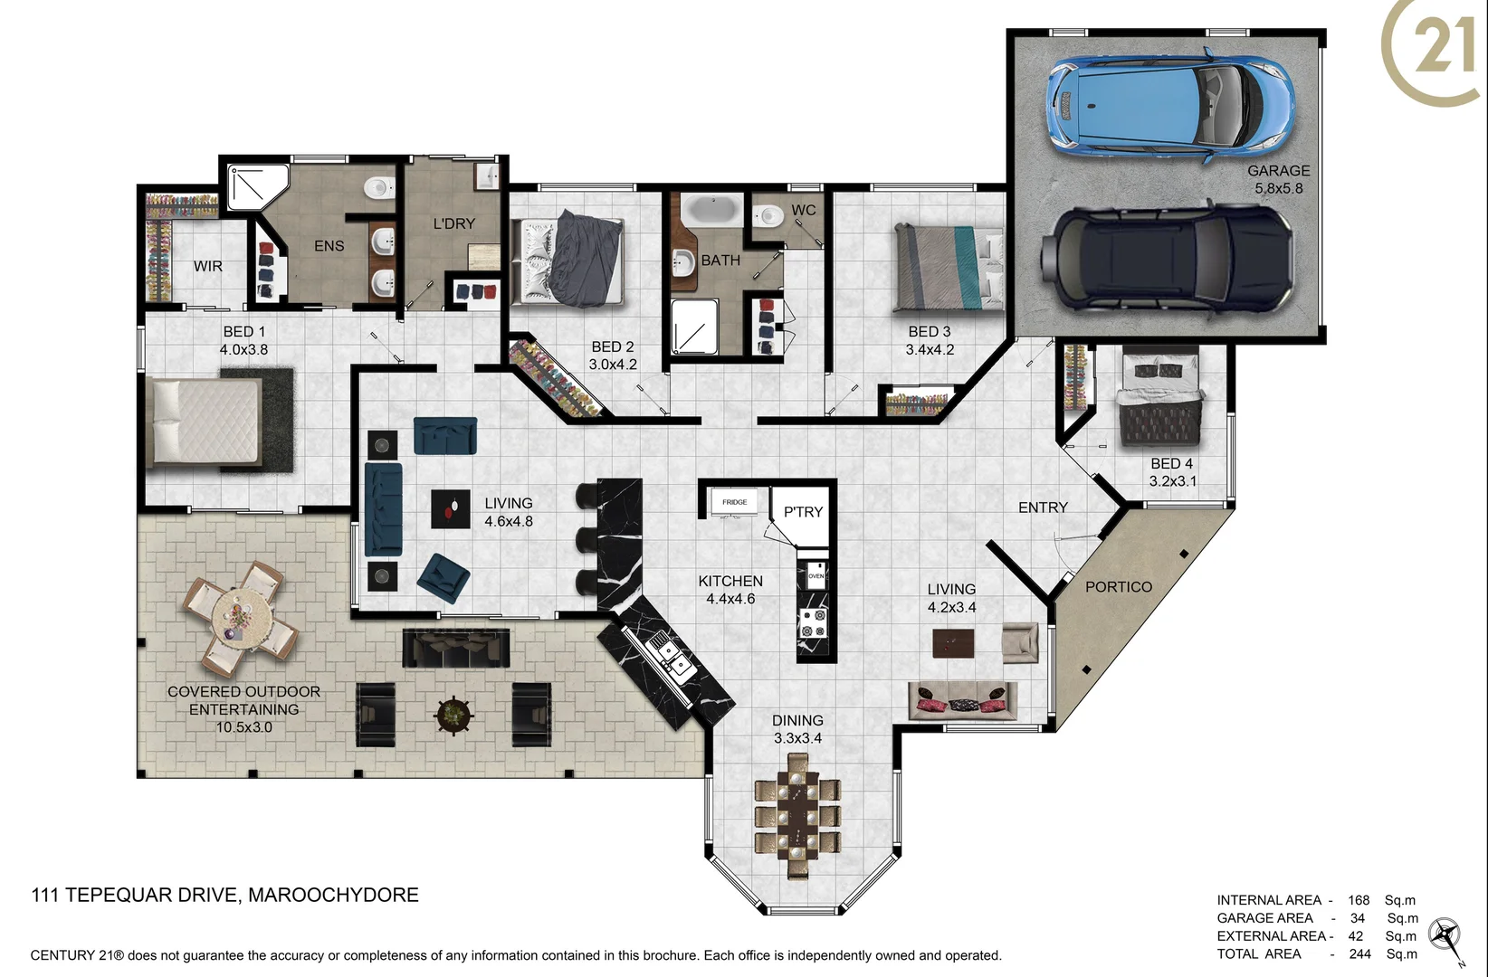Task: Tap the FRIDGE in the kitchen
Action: (734, 503)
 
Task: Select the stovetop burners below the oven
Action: (813, 622)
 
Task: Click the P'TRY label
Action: (803, 512)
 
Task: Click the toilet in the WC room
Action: (769, 216)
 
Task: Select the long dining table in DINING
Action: (797, 814)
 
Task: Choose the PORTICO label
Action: (1118, 587)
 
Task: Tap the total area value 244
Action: (1359, 953)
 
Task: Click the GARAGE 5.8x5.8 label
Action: (1278, 179)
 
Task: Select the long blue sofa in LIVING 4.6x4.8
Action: (383, 509)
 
